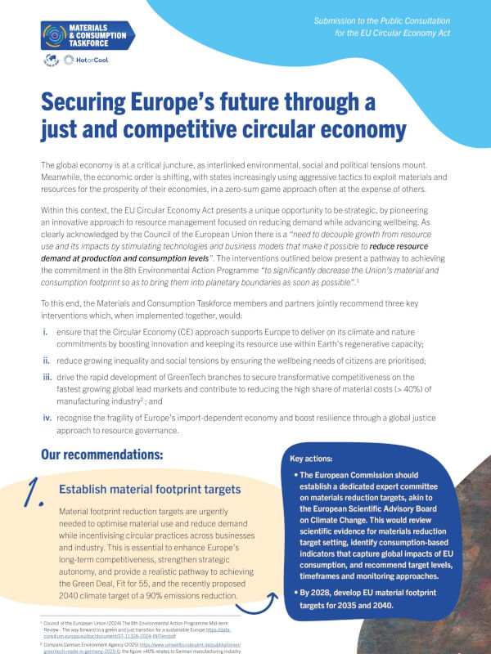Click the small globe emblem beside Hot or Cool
52,61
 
